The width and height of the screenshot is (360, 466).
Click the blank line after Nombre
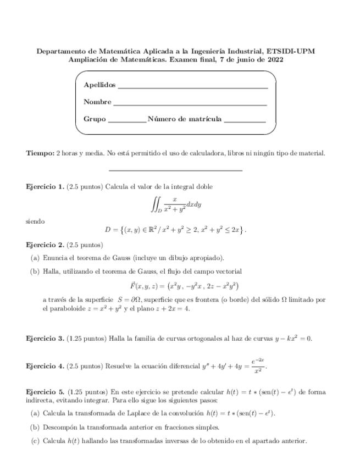pos(190,104)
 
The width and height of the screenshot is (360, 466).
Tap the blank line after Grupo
pos(128,121)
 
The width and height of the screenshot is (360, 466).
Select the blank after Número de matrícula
pos(245,121)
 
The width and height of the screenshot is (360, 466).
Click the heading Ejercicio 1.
pos(45,187)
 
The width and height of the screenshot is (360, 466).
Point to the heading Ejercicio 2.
pos(45,244)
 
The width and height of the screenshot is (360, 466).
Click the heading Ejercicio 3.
pos(45,338)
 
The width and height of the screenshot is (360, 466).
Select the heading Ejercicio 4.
pos(45,365)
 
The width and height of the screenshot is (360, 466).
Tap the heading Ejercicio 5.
pos(45,392)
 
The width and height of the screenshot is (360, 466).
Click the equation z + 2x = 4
pos(171,309)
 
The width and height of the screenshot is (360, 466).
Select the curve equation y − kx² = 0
pos(285,338)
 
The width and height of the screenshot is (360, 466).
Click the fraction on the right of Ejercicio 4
pos(259,366)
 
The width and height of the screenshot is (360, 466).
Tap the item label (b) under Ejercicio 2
pos(35,271)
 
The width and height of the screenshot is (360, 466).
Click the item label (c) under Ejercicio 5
pos(35,441)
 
